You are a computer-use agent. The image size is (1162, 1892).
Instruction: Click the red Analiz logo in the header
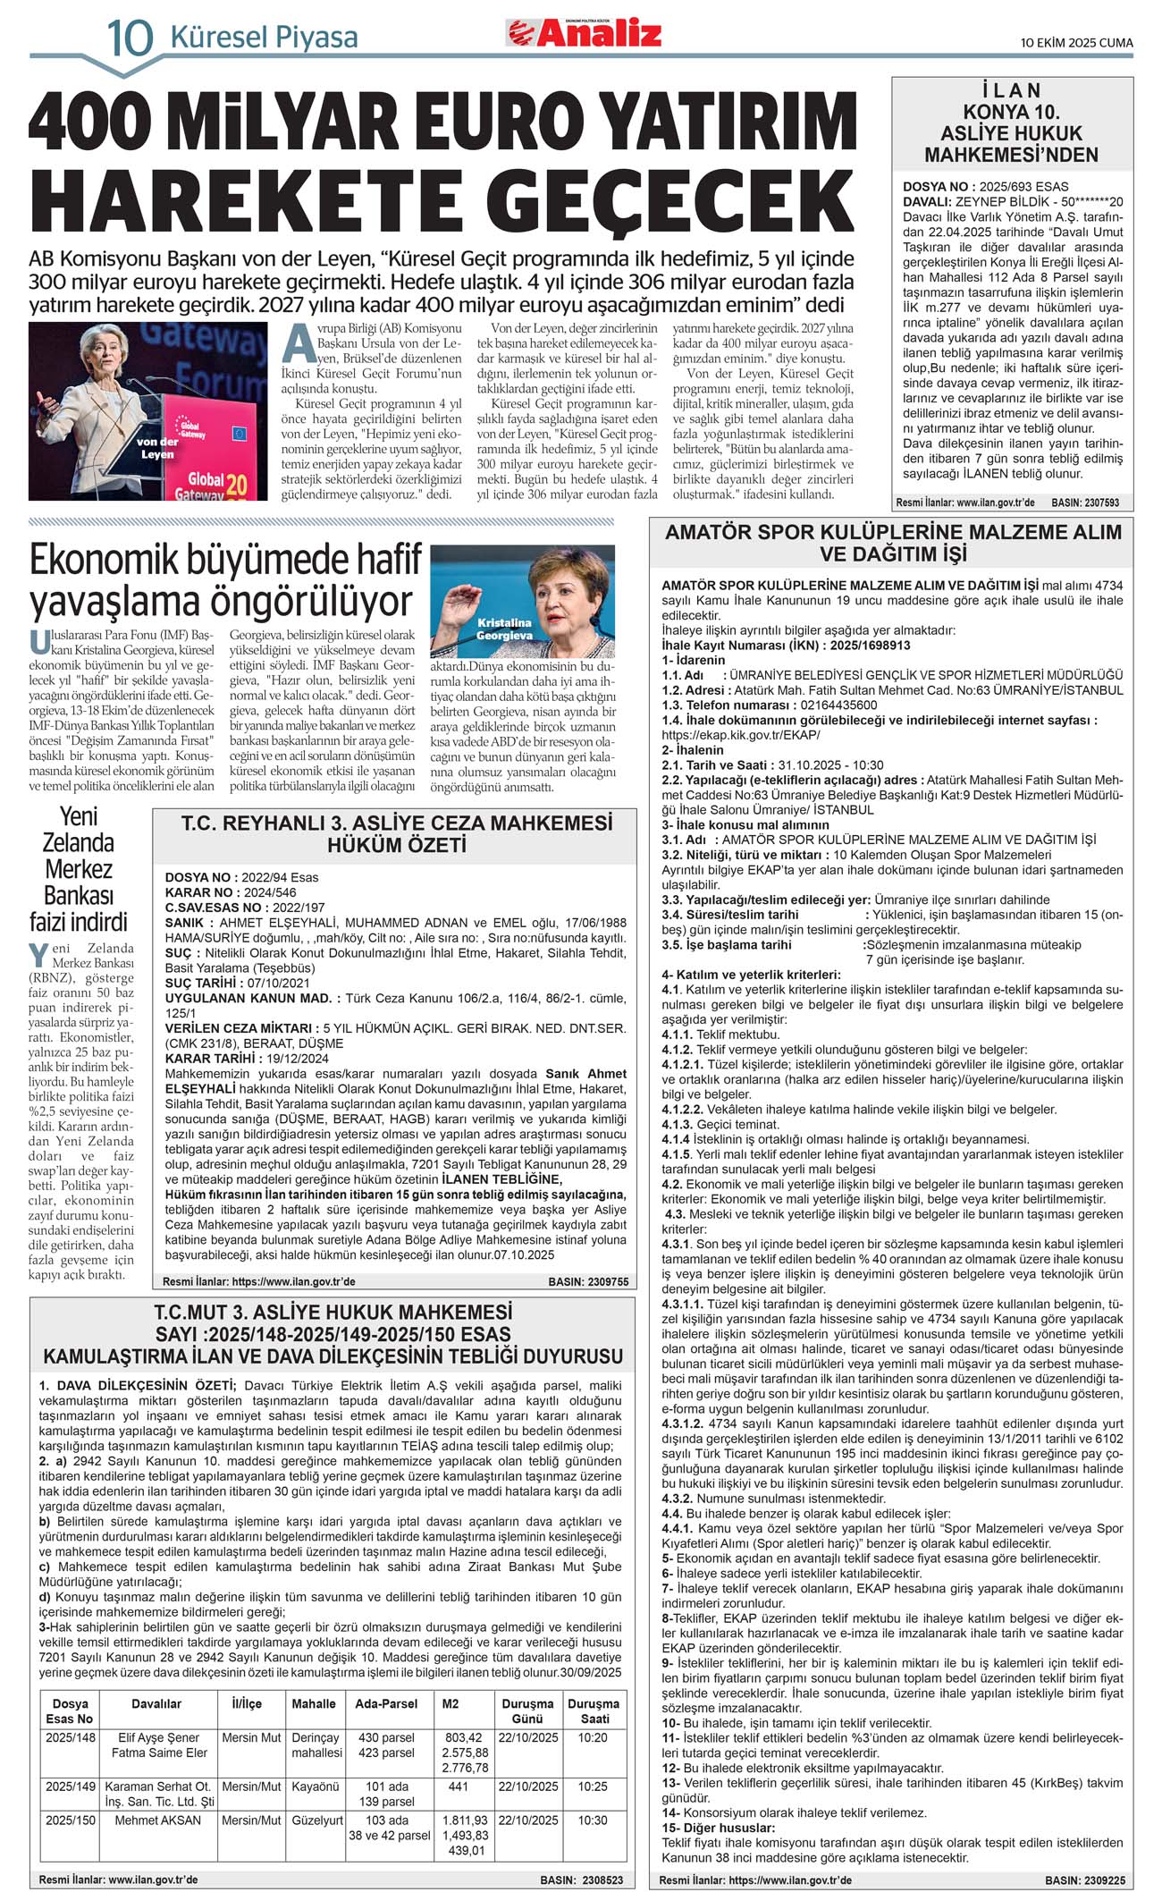(585, 33)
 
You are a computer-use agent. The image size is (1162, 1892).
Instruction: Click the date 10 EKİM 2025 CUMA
(1077, 42)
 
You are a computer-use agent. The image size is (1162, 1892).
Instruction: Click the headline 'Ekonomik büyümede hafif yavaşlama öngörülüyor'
(225, 580)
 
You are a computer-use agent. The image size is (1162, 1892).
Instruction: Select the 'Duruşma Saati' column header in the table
(593, 1710)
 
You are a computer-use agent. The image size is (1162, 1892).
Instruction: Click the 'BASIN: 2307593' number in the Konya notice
(1084, 503)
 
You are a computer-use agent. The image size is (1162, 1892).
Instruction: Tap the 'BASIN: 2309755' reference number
(587, 1281)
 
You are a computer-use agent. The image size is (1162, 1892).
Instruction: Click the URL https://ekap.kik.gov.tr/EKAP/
(740, 735)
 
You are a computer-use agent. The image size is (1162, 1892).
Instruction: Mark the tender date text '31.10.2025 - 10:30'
(830, 765)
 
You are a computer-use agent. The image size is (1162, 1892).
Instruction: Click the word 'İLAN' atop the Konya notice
(1011, 90)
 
